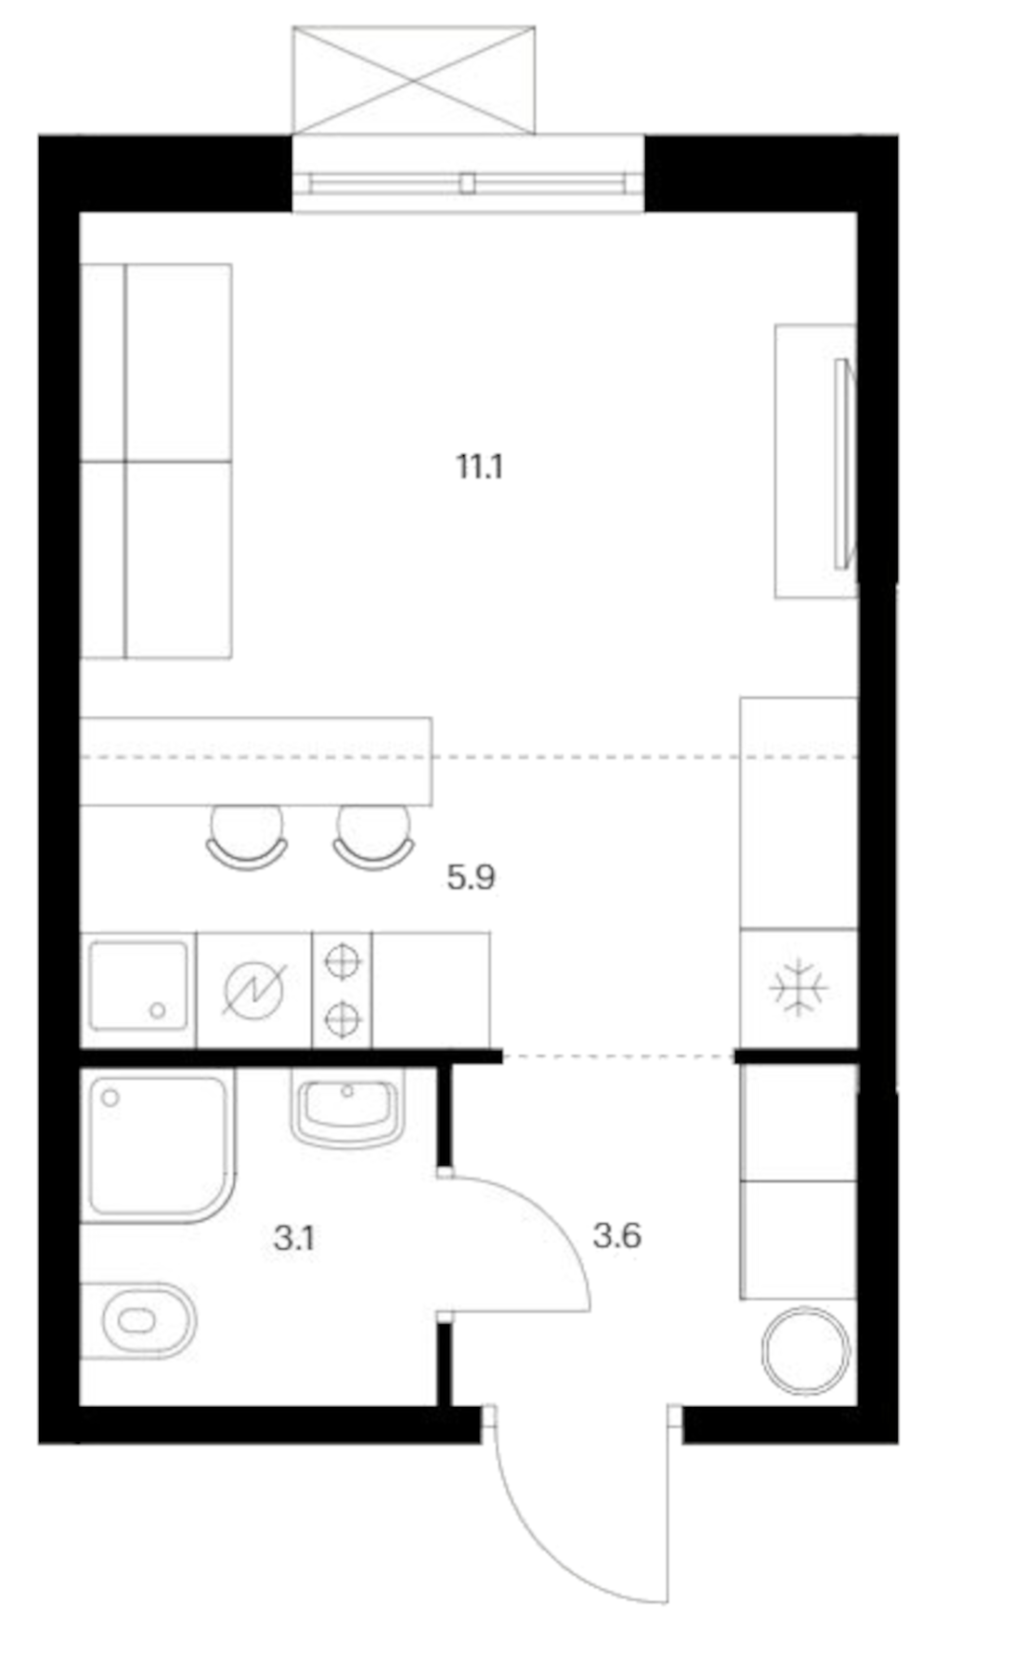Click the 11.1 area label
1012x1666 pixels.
[479, 466]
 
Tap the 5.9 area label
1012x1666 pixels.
[471, 877]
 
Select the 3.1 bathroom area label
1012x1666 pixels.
[294, 1238]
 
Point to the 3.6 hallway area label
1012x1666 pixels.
[617, 1236]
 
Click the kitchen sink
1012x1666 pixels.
[138, 986]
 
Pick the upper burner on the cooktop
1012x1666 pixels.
[343, 960]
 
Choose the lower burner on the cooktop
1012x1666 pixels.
[343, 1020]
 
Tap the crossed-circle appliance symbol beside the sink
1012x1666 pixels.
[254, 989]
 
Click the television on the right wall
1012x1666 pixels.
[843, 463]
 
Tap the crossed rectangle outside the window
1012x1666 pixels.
[413, 80]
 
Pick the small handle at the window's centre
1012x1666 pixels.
[467, 183]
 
